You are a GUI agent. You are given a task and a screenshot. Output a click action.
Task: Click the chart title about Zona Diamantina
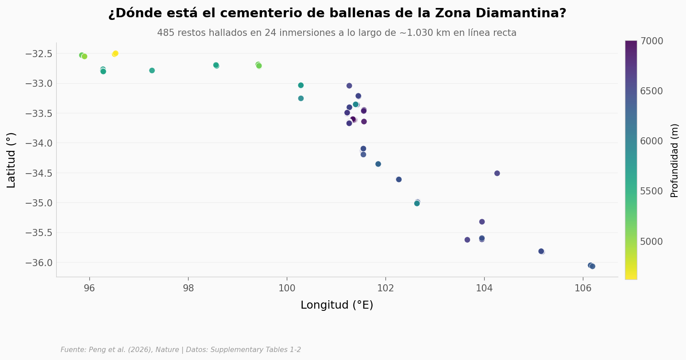(x=337, y=13)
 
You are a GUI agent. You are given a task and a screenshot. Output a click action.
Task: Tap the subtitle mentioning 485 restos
(x=337, y=33)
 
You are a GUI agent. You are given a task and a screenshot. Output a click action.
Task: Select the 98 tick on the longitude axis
(x=189, y=289)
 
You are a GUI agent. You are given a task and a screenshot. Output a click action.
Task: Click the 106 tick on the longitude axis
(x=583, y=289)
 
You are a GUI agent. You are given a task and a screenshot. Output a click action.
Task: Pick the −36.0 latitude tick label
(x=39, y=263)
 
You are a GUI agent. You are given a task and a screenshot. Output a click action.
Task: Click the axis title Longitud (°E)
(x=337, y=305)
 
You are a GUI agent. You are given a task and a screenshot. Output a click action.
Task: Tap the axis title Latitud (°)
(x=11, y=160)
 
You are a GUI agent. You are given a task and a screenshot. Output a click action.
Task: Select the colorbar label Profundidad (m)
(x=674, y=160)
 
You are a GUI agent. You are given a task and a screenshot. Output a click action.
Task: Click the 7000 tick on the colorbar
(x=651, y=41)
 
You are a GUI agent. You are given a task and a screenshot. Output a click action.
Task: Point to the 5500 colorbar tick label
(x=651, y=191)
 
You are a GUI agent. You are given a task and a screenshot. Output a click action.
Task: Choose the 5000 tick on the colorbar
(x=651, y=241)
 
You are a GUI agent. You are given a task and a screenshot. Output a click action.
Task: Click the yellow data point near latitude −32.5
(x=115, y=54)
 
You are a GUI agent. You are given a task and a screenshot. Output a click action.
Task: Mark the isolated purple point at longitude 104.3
(x=497, y=174)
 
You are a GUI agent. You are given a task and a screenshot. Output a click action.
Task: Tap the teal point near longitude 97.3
(x=152, y=70)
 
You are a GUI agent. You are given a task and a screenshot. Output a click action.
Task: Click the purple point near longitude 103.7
(x=467, y=240)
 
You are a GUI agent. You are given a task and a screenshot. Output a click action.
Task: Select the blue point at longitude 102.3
(x=399, y=179)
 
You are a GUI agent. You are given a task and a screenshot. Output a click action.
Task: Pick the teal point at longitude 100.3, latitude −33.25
(x=301, y=98)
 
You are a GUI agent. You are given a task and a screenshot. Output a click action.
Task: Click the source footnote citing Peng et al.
(x=181, y=349)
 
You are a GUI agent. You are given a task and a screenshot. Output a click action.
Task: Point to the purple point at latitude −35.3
(x=482, y=222)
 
